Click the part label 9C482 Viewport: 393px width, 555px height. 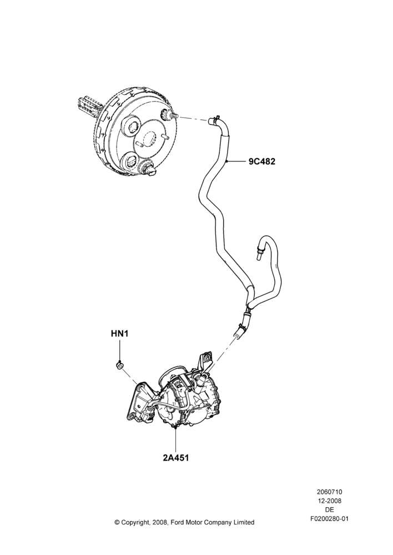point(261,162)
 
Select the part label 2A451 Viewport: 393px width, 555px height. point(175,457)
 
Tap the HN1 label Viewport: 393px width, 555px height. point(119,334)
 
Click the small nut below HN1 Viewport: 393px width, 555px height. point(120,365)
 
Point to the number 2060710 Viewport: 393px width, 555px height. point(329,492)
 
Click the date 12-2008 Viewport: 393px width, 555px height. point(329,501)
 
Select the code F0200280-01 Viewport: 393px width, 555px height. point(329,519)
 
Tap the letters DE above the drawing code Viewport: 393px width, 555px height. point(329,510)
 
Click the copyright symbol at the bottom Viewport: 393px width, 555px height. point(117,522)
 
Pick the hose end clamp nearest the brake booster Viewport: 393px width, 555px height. point(215,120)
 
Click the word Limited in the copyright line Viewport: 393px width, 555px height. point(244,522)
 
